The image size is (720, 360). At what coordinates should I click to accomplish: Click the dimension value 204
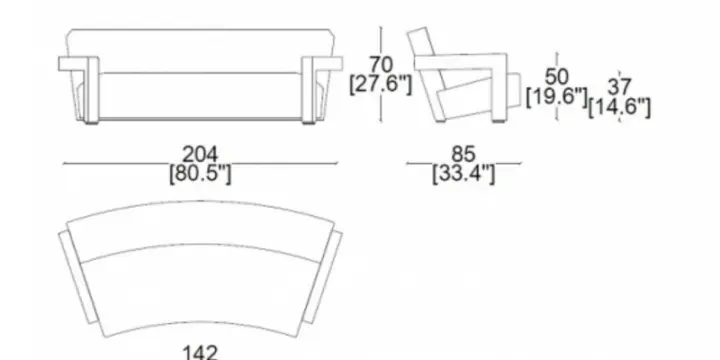pyautogui.click(x=200, y=154)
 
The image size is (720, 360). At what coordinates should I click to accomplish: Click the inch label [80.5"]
pyautogui.click(x=200, y=174)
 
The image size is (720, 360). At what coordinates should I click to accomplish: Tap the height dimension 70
pyautogui.click(x=381, y=65)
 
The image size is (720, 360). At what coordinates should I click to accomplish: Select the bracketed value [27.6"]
pyautogui.click(x=381, y=84)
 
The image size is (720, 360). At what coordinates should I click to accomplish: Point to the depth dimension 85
pyautogui.click(x=463, y=154)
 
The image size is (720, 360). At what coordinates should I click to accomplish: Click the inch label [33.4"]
pyautogui.click(x=463, y=174)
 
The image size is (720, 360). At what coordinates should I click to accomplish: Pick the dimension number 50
pyautogui.click(x=557, y=77)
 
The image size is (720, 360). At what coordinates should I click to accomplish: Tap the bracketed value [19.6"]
pyautogui.click(x=557, y=97)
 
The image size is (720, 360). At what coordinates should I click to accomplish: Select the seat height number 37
pyautogui.click(x=619, y=87)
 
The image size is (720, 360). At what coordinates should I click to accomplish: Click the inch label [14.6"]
pyautogui.click(x=619, y=107)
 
